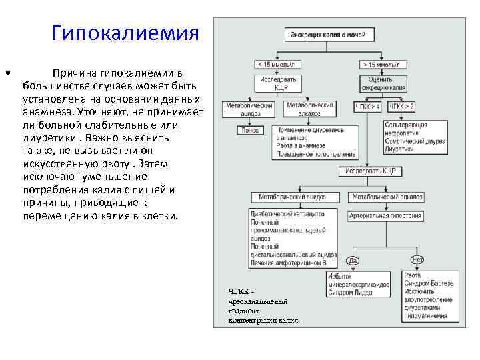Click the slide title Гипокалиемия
pyautogui.click(x=125, y=33)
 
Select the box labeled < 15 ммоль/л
pyautogui.click(x=276, y=65)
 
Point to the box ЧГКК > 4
pyautogui.click(x=367, y=107)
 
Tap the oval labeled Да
pyautogui.click(x=353, y=260)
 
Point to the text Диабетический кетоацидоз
pyautogui.click(x=287, y=215)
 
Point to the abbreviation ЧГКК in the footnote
pyautogui.click(x=239, y=291)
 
